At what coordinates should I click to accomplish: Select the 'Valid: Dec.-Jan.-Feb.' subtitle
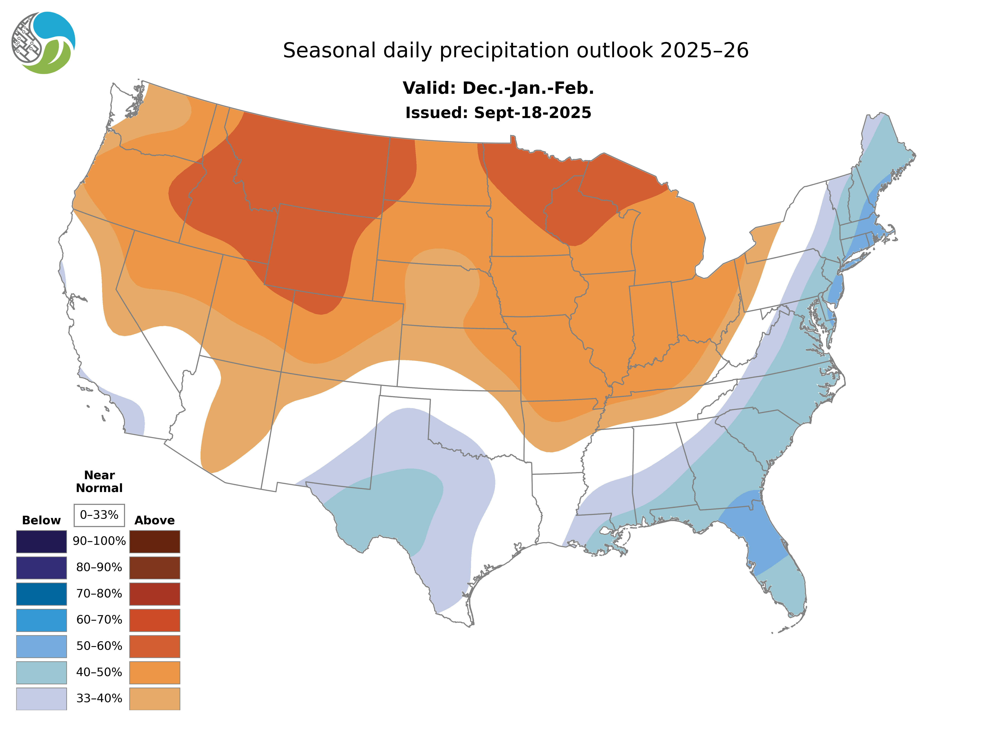click(498, 88)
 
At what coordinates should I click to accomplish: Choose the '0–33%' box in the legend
click(99, 515)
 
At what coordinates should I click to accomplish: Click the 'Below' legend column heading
click(41, 520)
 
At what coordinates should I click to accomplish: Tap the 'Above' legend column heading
click(155, 520)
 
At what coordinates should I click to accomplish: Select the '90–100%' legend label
click(99, 541)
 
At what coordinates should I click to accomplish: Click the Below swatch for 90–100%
click(41, 541)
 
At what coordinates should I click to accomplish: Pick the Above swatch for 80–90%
click(155, 568)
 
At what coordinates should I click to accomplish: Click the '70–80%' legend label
click(99, 593)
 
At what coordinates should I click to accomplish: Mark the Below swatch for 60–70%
click(41, 620)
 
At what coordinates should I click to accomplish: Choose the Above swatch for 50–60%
click(155, 646)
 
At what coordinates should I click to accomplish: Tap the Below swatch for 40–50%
click(41, 672)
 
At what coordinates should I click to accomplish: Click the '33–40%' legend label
click(99, 698)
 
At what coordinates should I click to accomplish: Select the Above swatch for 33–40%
click(155, 698)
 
